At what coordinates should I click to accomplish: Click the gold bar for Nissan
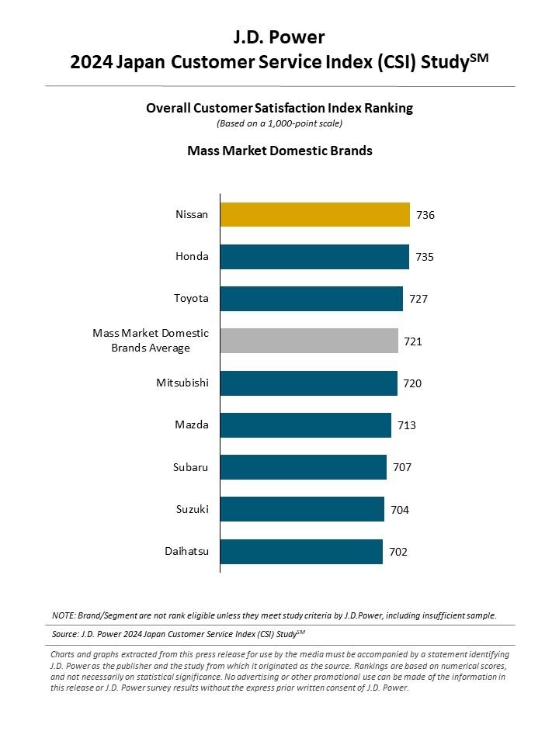click(x=314, y=215)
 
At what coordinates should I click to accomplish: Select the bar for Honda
click(x=314, y=257)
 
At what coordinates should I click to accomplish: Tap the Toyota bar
click(x=311, y=299)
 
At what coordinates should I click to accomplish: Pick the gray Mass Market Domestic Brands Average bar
click(x=309, y=341)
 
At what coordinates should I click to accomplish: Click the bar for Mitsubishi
click(x=308, y=383)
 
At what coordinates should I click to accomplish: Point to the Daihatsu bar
click(x=301, y=552)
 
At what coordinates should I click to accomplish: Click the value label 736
click(x=425, y=215)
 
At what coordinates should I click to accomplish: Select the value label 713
click(x=406, y=425)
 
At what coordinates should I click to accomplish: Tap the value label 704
click(x=399, y=510)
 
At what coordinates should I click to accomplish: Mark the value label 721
click(x=412, y=341)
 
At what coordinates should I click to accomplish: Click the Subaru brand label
click(x=190, y=467)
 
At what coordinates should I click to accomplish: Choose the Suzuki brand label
click(x=192, y=510)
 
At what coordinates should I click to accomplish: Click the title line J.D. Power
click(x=279, y=36)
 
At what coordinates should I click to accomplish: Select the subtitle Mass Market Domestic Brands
click(x=279, y=151)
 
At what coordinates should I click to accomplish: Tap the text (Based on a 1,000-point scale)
click(x=279, y=123)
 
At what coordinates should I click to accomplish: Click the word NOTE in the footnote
click(x=64, y=615)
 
